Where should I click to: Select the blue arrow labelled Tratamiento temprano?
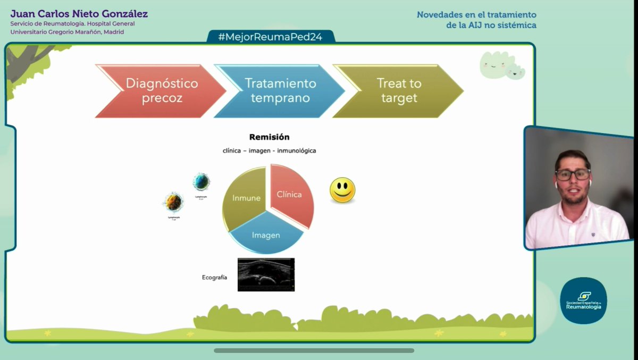tap(279, 91)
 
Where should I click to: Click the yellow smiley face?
tap(342, 190)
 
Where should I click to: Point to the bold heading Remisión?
tap(269, 137)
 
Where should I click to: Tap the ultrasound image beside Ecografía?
tap(266, 274)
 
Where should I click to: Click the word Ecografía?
tap(215, 277)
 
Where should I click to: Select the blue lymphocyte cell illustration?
tap(201, 182)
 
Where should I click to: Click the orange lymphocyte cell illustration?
tap(173, 203)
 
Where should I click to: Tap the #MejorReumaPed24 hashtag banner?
tap(271, 37)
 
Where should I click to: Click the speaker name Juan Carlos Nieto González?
tap(79, 14)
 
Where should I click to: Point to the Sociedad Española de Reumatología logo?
tap(583, 300)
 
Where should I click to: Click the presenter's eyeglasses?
tap(573, 174)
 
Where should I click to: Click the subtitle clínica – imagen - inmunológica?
tap(269, 150)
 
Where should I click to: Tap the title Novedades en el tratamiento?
tap(476, 15)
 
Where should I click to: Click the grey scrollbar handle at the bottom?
tap(314, 350)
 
